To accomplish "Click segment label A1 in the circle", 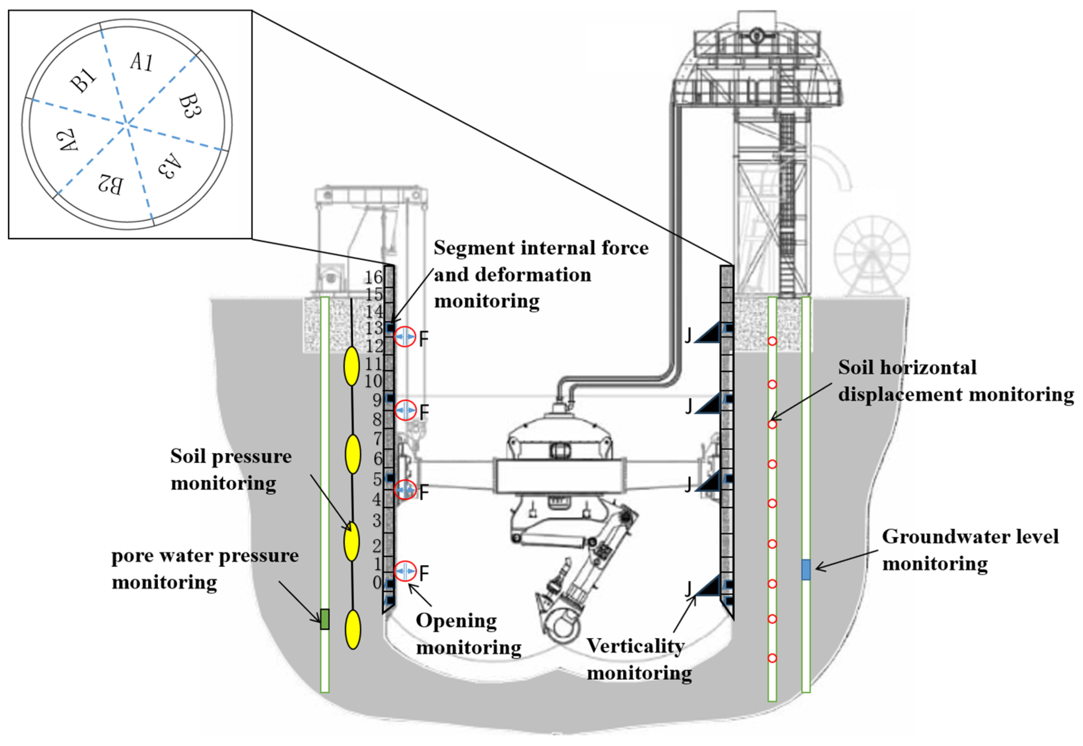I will point(141,62).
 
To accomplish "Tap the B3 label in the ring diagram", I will point(190,106).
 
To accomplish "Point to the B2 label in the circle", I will point(111,184).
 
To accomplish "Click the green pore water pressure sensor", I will point(325,619).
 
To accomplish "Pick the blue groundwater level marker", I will point(806,569).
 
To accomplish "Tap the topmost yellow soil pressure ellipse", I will point(351,366).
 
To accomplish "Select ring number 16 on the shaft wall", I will point(373,277).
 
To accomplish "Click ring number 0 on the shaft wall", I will point(377,582).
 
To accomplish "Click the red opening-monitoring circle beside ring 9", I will point(405,410).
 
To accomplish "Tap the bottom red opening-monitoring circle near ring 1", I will point(405,571).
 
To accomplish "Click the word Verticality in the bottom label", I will point(635,646).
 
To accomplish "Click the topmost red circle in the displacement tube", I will point(772,341).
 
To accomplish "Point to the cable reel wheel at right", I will point(872,255).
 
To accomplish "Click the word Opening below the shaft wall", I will point(456,621).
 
